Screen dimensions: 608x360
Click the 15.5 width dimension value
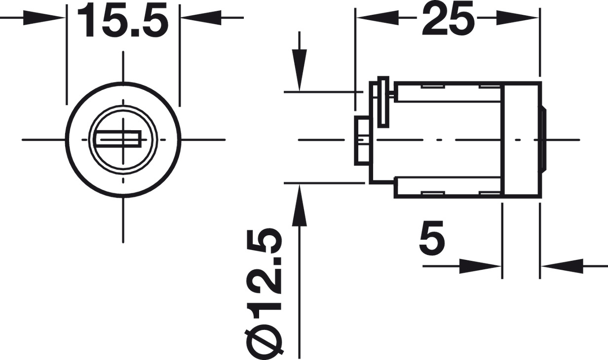pos(122,21)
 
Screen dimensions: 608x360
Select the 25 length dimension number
pos(447,18)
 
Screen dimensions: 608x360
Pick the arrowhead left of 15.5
pos(50,18)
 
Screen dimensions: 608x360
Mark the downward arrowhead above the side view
pos(299,72)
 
